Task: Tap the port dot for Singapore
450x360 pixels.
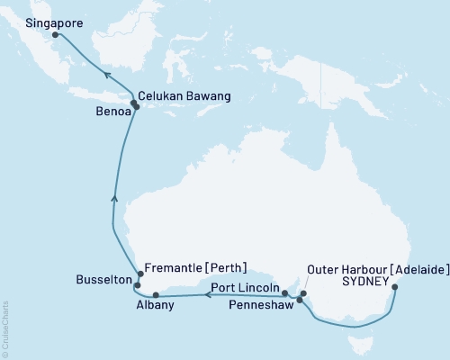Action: [56, 35]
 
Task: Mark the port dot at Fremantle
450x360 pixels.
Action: [139, 274]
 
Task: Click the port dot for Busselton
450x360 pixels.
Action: [137, 285]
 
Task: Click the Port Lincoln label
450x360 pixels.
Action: [245, 288]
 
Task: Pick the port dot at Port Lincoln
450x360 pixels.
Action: [284, 292]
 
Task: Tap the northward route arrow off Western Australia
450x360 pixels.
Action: [113, 200]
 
